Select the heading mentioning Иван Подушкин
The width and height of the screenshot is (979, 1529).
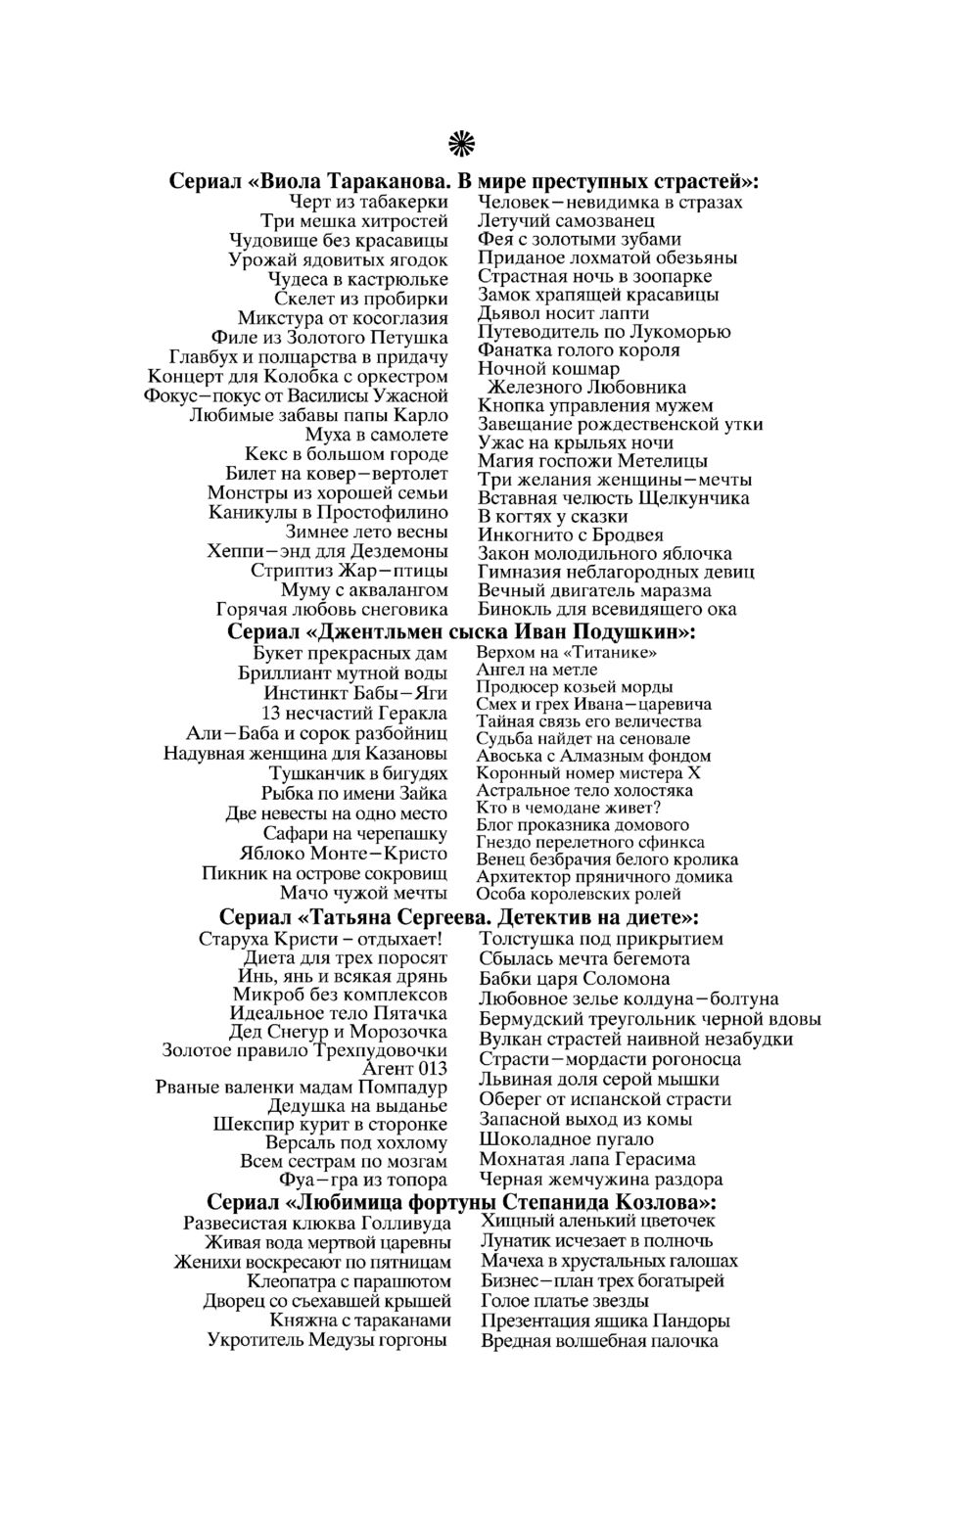point(461,631)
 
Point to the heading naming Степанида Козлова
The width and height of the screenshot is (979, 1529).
point(461,1201)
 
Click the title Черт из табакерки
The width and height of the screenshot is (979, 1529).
point(368,202)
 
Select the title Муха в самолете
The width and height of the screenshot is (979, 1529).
point(376,434)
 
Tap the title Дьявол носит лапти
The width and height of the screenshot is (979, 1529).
point(563,313)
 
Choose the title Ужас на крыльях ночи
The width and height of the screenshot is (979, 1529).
point(575,442)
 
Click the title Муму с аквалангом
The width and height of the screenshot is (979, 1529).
point(364,589)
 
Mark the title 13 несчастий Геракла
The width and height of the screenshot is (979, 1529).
point(354,713)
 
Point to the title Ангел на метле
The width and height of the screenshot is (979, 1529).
point(536,670)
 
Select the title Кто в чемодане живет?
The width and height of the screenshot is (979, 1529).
point(569,808)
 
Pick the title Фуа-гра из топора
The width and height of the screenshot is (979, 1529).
point(362,1181)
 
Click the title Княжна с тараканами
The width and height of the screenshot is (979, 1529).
point(360,1320)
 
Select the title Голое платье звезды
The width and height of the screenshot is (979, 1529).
point(565,1301)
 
